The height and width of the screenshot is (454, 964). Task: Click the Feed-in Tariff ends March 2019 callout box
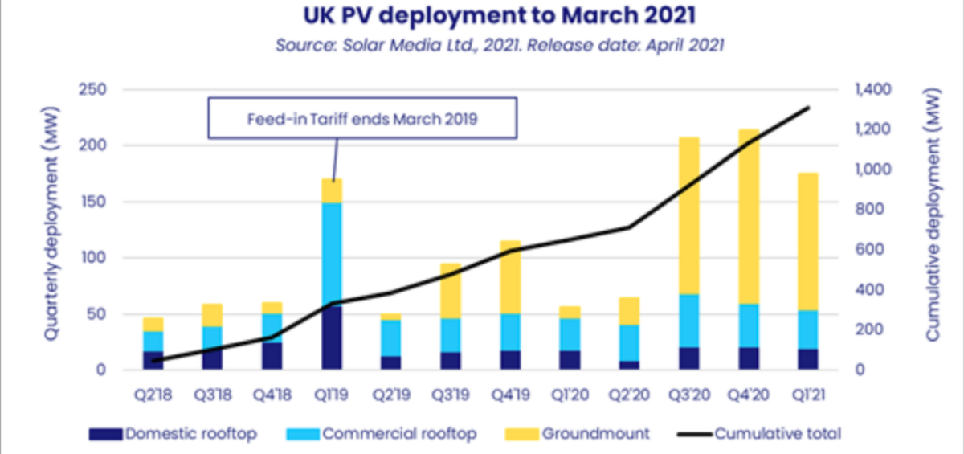point(361,120)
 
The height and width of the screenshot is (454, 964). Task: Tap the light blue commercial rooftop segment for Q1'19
point(332,253)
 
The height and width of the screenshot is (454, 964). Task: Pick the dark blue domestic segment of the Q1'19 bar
point(332,337)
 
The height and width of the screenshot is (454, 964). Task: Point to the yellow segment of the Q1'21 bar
point(808,241)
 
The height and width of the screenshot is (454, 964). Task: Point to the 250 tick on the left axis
point(94,90)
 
